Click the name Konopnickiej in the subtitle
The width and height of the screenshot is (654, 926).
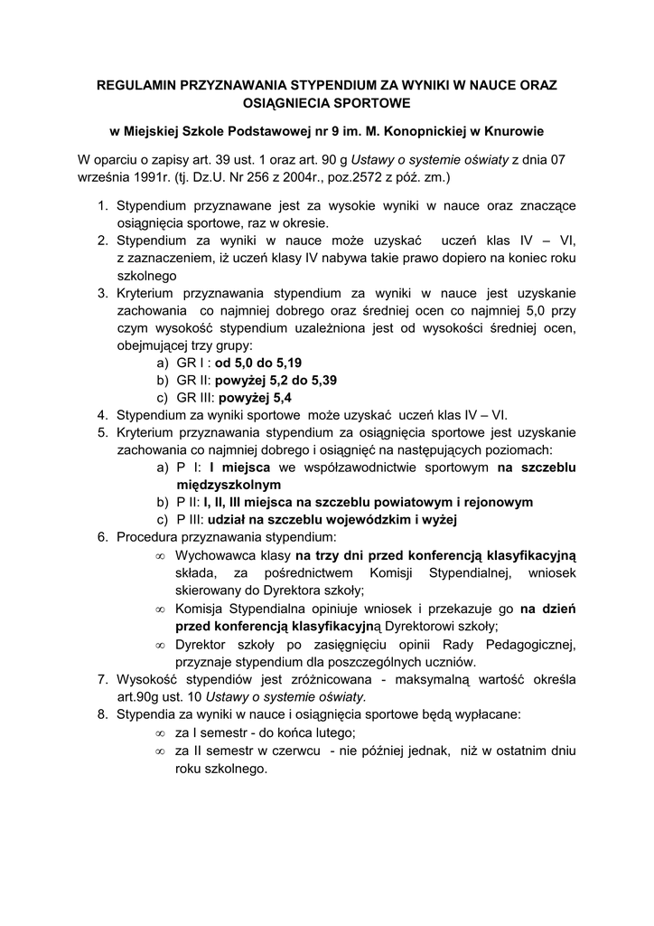click(414, 131)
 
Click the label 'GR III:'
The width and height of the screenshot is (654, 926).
click(195, 397)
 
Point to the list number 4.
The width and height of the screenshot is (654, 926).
click(102, 414)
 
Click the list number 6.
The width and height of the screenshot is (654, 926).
click(102, 536)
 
